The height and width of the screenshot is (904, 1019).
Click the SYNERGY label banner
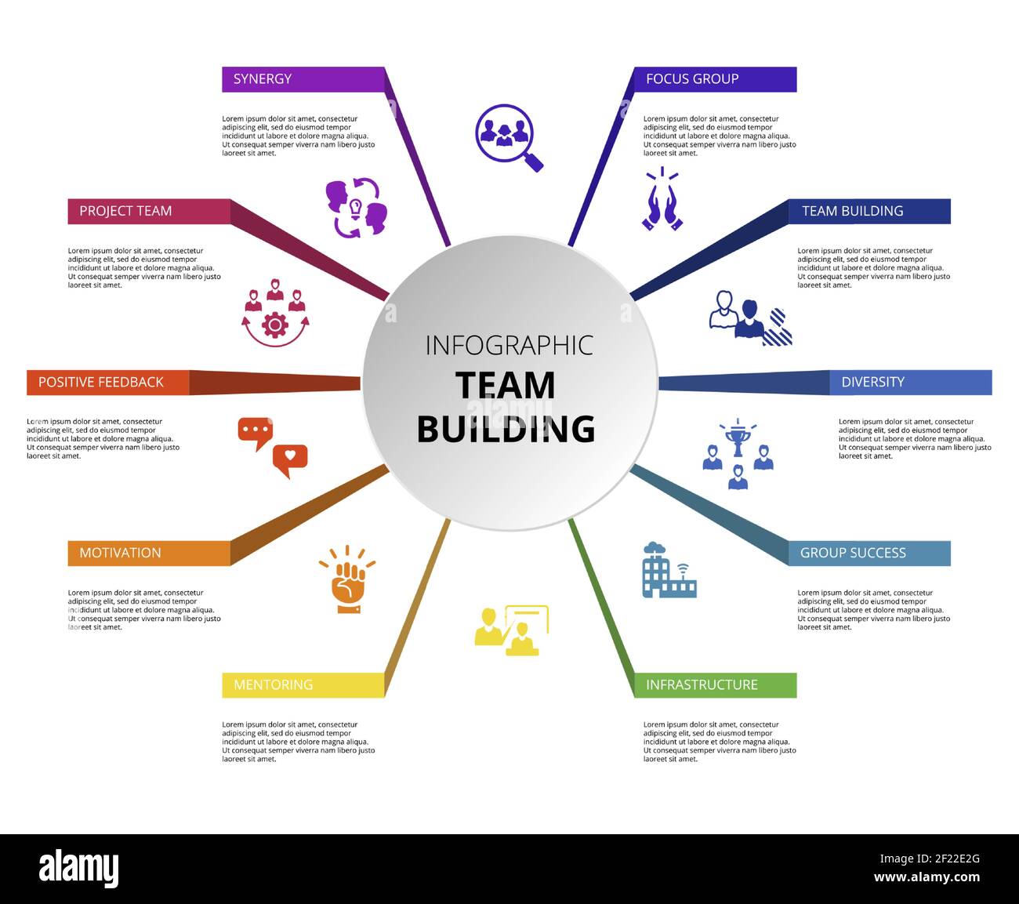(303, 79)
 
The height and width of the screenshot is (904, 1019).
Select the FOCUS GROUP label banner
(714, 79)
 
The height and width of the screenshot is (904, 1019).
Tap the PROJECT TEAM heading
(149, 211)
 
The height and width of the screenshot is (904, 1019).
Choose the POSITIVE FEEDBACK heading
(107, 383)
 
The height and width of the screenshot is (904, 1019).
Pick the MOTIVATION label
(149, 553)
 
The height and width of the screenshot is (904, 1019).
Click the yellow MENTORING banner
(303, 685)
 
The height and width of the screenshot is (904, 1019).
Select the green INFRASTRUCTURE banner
(714, 685)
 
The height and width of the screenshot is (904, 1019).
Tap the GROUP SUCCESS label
(869, 553)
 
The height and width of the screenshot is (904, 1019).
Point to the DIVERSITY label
(910, 383)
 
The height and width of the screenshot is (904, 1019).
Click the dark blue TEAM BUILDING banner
(869, 211)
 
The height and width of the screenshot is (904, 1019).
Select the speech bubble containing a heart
(290, 459)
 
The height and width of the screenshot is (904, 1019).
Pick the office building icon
(668, 572)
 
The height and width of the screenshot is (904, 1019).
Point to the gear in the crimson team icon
(275, 324)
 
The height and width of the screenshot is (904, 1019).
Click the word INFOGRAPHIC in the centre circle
(509, 345)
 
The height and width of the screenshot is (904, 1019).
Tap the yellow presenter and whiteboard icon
(511, 630)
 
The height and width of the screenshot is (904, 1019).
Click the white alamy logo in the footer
(78, 869)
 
